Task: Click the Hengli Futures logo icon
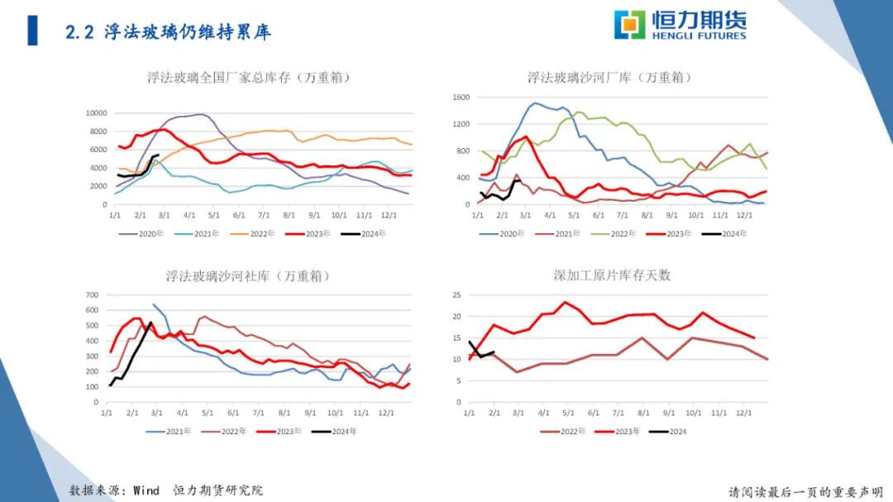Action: (x=629, y=25)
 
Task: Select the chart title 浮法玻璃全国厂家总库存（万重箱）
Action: (x=249, y=78)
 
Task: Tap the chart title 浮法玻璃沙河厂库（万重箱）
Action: (x=609, y=78)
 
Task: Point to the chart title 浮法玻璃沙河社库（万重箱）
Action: (x=248, y=275)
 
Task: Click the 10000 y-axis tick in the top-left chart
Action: (x=97, y=113)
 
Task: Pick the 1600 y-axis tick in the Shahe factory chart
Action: (x=461, y=98)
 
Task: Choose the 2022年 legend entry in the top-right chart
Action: (x=616, y=234)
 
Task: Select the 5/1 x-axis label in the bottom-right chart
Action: (x=567, y=412)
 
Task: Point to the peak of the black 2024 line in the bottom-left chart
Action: (x=150, y=323)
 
